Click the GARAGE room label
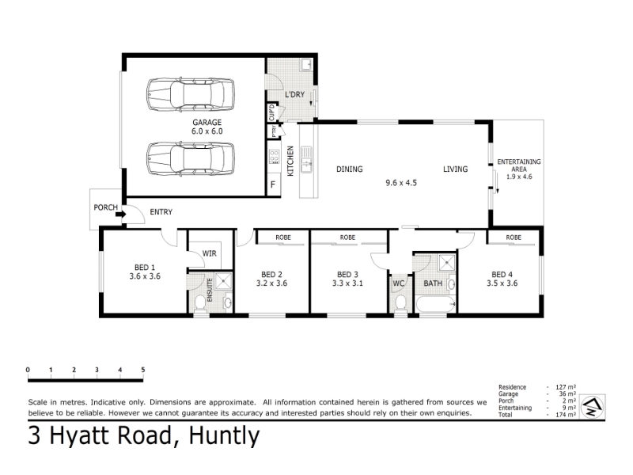tap(207, 122)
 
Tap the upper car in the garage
tap(191, 94)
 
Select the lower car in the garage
tap(191, 158)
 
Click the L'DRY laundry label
tap(294, 94)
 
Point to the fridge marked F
tap(273, 184)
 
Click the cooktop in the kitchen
tap(275, 156)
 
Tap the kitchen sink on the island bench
tap(306, 159)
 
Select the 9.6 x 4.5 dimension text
tap(401, 183)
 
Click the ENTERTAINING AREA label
tap(519, 165)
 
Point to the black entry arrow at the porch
tap(121, 214)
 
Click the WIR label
tap(209, 253)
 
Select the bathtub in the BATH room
tap(436, 304)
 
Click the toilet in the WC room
tap(400, 303)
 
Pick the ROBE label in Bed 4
tap(514, 237)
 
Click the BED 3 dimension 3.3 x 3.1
tap(347, 283)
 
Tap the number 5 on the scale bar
tap(143, 370)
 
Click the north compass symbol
tap(592, 407)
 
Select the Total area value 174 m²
tap(566, 415)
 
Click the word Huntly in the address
tap(224, 436)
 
